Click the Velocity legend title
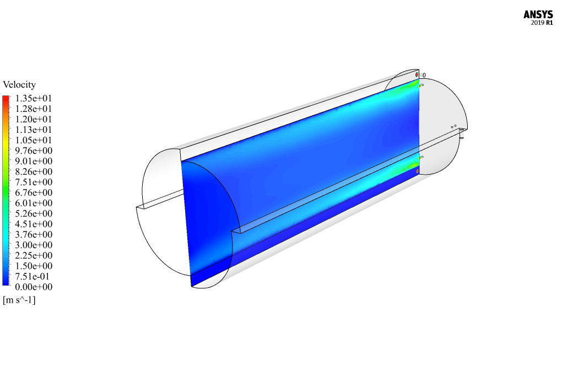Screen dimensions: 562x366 (19, 84)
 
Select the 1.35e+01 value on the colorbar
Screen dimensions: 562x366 (33, 98)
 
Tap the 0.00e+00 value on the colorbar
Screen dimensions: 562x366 (33, 287)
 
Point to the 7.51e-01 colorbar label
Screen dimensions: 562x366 (33, 276)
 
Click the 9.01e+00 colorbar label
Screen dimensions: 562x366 (33, 161)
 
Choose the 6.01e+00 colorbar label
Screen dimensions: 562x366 (33, 203)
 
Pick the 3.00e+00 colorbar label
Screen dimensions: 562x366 (33, 245)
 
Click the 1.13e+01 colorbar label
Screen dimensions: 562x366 (33, 130)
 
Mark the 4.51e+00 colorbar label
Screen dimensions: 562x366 (33, 224)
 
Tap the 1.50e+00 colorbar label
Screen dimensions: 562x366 (33, 266)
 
